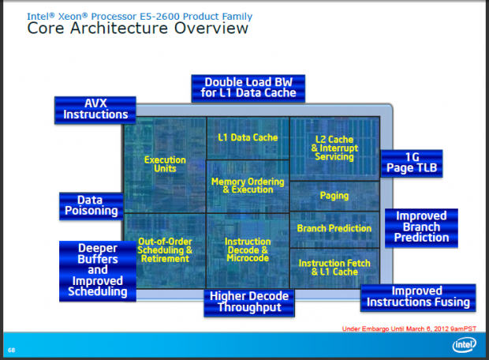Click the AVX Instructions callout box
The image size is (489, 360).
91,109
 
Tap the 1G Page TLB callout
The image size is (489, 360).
410,163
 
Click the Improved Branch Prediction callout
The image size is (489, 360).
421,227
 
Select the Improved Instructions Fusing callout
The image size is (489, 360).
418,297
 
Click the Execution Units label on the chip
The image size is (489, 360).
165,164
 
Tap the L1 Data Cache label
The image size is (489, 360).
248,137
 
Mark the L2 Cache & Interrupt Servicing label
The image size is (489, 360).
334,148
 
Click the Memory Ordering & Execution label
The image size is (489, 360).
248,186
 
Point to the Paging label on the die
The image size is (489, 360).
334,195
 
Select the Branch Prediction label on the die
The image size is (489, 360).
334,228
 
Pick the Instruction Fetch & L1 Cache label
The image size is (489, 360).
334,267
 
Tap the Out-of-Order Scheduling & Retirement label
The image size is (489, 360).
165,249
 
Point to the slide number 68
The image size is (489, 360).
12,350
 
